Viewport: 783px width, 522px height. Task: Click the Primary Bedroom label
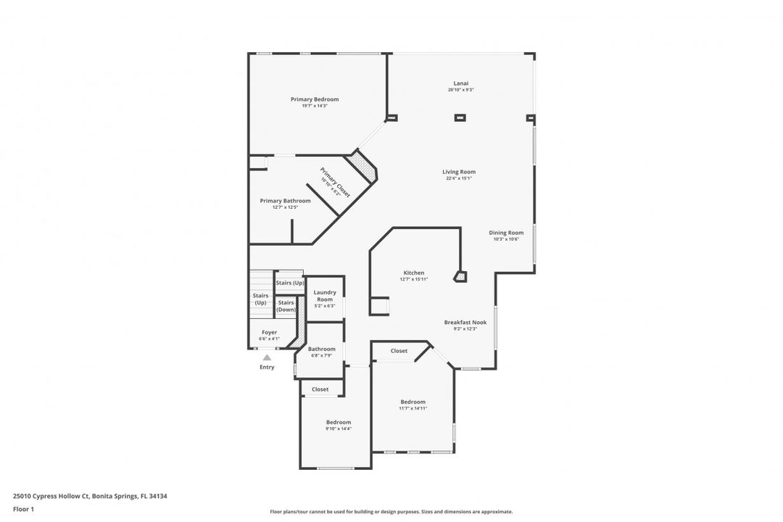pos(315,100)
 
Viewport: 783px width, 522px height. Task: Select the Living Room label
pos(459,173)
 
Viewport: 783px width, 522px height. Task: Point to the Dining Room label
pos(505,233)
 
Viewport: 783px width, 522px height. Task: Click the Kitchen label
pos(414,273)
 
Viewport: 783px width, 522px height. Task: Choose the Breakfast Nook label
pos(465,323)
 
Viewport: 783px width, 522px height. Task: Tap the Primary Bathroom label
pos(286,202)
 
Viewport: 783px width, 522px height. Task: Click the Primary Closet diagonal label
pos(335,183)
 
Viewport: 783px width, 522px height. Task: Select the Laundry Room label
pos(325,297)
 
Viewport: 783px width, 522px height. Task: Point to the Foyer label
pos(269,333)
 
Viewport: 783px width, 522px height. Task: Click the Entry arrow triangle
pos(267,357)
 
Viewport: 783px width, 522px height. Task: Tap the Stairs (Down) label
pos(286,306)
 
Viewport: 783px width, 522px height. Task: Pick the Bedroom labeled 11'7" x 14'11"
pos(413,402)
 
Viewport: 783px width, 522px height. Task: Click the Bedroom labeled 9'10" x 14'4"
pos(338,423)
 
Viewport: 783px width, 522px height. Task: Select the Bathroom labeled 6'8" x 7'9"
pos(321,349)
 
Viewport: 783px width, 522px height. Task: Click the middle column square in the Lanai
pos(460,117)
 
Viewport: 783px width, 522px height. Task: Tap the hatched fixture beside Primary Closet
pos(365,167)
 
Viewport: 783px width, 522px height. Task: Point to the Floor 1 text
pos(24,510)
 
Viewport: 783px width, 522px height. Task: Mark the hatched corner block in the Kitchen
pos(460,276)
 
